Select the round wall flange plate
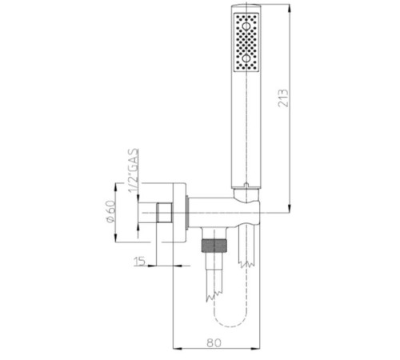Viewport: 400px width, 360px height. point(183,214)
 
